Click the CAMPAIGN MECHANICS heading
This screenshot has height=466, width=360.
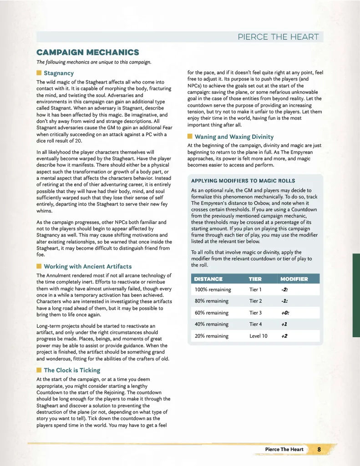pyautogui.click(x=88, y=52)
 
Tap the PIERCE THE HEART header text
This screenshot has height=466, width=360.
pyautogui.click(x=279, y=37)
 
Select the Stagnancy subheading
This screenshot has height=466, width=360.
pyautogui.click(x=59, y=73)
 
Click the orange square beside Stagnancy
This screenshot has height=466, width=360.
pyautogui.click(x=39, y=73)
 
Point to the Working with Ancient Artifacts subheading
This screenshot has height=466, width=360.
pyautogui.click(x=88, y=266)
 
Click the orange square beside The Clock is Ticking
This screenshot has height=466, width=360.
pyautogui.click(x=39, y=370)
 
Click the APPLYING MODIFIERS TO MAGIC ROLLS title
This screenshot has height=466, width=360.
pyautogui.click(x=243, y=181)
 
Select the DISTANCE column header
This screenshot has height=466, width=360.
pyautogui.click(x=208, y=279)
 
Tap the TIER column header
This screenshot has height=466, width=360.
pyautogui.click(x=255, y=279)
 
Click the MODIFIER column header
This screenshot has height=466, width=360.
pyautogui.click(x=294, y=279)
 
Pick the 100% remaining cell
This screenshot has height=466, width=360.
pyautogui.click(x=213, y=289)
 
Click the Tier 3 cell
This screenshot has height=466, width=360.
pyautogui.click(x=256, y=313)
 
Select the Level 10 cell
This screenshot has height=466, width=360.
pyautogui.click(x=258, y=336)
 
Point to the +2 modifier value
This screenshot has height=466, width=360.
pyautogui.click(x=284, y=336)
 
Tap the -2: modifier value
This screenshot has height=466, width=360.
pyautogui.click(x=285, y=289)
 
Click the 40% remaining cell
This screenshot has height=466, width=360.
pyautogui.click(x=212, y=324)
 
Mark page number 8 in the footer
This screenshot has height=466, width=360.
pyautogui.click(x=319, y=449)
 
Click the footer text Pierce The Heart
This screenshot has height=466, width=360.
pyautogui.click(x=284, y=449)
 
